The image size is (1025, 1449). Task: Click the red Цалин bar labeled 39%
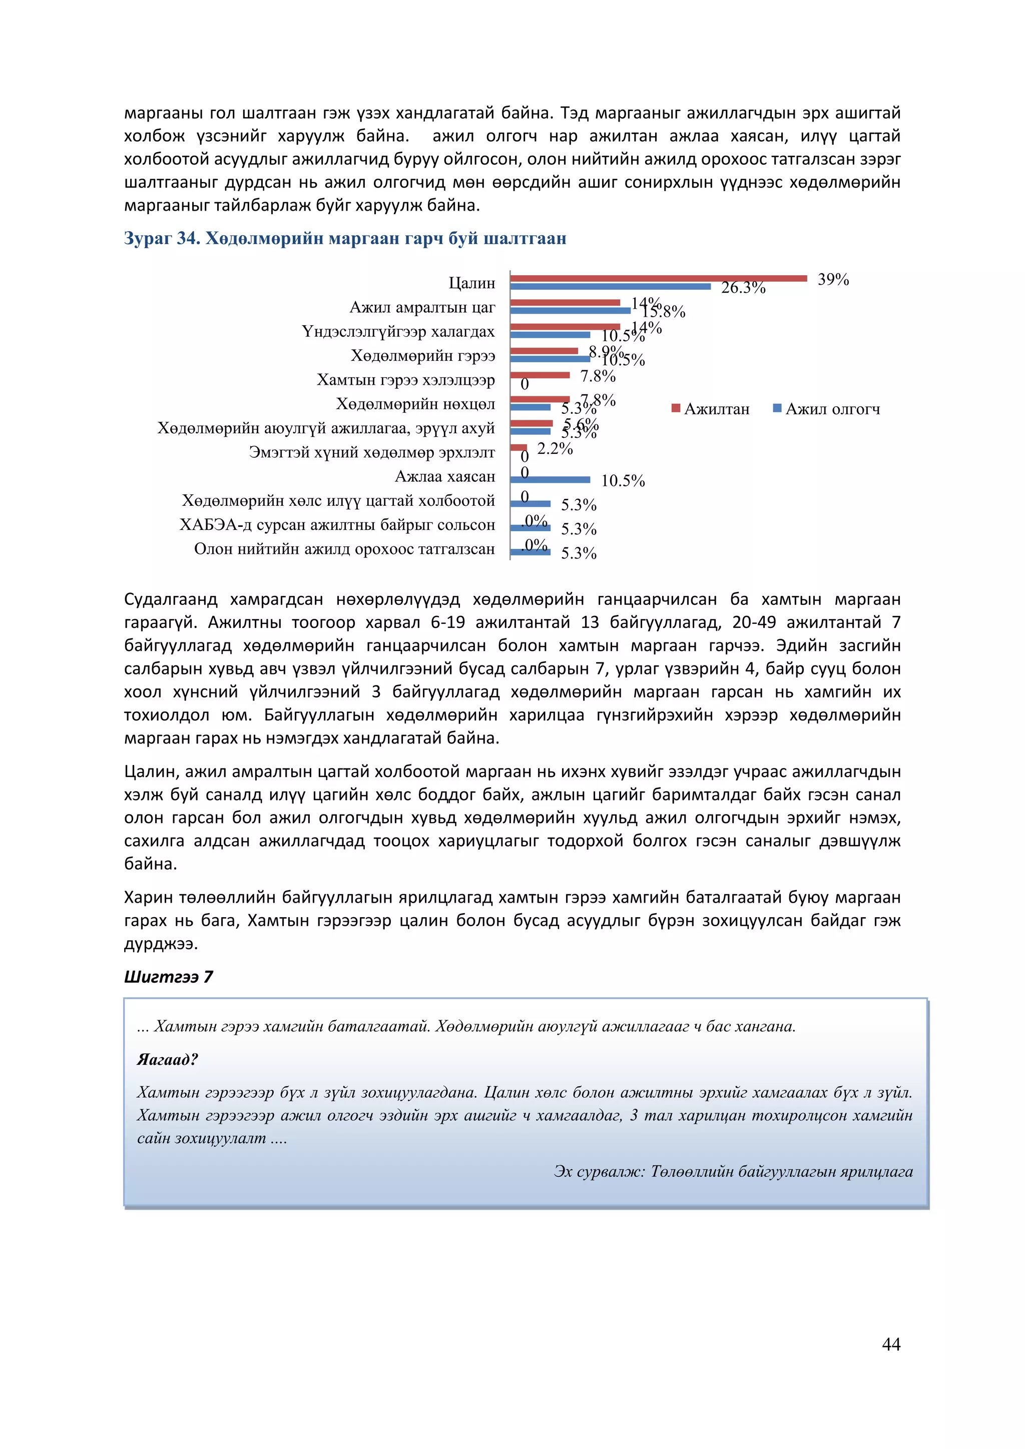pyautogui.click(x=658, y=278)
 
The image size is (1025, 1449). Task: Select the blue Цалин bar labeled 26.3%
pyautogui.click(x=610, y=287)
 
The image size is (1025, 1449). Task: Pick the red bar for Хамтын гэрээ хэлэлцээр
pyautogui.click(x=540, y=375)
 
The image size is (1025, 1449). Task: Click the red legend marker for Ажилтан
pyautogui.click(x=676, y=408)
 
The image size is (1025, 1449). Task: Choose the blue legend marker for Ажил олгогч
pyautogui.click(x=778, y=408)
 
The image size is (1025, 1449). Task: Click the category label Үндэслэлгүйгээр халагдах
pyautogui.click(x=398, y=331)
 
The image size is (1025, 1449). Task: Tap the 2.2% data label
pyautogui.click(x=555, y=449)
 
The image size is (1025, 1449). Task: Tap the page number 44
pyautogui.click(x=890, y=1344)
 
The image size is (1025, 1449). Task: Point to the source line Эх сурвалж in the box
pyautogui.click(x=733, y=1171)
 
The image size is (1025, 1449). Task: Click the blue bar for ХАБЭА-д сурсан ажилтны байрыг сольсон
pyautogui.click(x=530, y=527)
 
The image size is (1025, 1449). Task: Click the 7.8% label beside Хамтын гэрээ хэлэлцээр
pyautogui.click(x=597, y=376)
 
